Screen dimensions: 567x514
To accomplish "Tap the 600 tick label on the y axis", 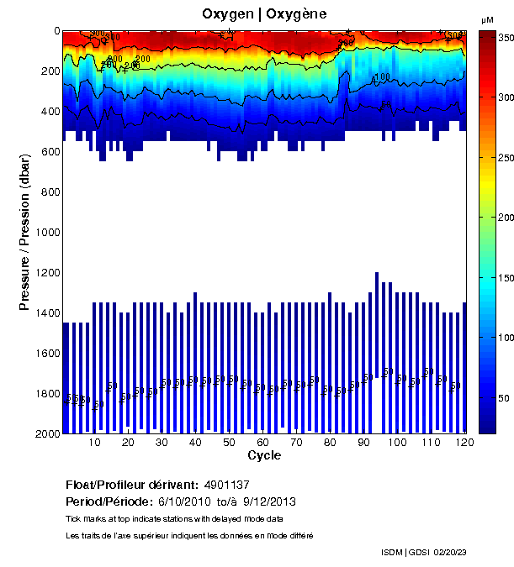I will point(50,152).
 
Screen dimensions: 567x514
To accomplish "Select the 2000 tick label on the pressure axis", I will point(47,433).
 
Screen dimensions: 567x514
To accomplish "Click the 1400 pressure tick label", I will point(47,313).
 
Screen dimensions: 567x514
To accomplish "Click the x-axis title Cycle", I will point(264,455).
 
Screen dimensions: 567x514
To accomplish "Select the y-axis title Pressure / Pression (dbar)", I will point(26,233).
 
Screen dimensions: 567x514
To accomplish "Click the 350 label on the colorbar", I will point(505,39).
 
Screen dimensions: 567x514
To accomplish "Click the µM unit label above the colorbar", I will point(487,19).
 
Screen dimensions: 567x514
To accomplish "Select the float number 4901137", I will point(227,485).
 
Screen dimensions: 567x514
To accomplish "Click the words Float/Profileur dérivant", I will point(132,485).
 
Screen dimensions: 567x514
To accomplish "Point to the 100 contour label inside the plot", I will point(382,77).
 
